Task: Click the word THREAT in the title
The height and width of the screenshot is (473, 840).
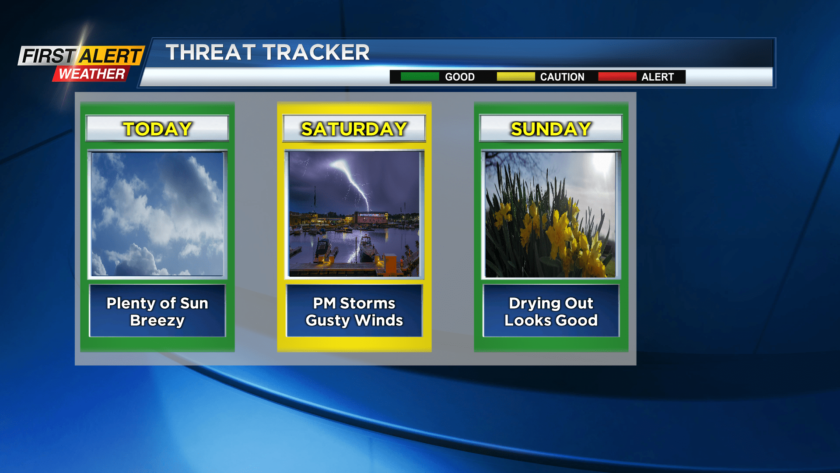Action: tap(210, 53)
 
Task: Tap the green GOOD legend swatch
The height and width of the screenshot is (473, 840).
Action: tap(419, 77)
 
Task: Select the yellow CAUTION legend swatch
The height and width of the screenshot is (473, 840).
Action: tap(515, 77)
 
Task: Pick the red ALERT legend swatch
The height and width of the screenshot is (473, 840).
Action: tap(617, 77)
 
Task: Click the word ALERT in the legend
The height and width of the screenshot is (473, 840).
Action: tap(657, 77)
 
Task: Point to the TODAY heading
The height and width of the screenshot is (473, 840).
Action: tap(157, 129)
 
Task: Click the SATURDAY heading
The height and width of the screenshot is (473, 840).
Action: tap(354, 129)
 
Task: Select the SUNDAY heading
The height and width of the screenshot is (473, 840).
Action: tap(551, 129)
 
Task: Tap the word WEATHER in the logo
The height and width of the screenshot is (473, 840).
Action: tap(92, 74)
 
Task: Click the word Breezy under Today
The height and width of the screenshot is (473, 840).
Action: tap(157, 320)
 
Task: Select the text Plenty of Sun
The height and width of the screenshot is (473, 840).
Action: tap(157, 303)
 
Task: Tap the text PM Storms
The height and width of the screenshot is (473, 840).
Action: tap(354, 303)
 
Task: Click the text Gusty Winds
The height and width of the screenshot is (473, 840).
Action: tap(354, 320)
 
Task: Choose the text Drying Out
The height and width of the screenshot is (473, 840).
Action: tap(551, 303)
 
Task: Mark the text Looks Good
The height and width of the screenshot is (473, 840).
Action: tap(551, 320)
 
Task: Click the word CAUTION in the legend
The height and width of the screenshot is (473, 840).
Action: tap(562, 77)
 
